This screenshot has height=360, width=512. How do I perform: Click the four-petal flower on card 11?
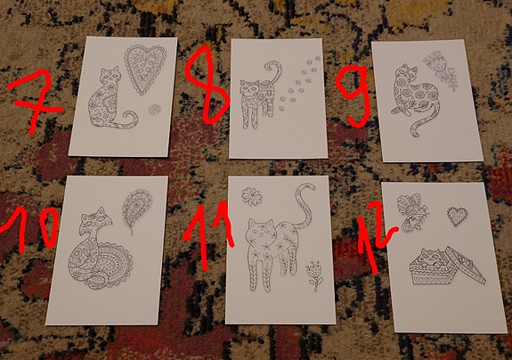[252, 193]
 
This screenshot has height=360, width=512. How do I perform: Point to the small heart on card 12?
[457, 215]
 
